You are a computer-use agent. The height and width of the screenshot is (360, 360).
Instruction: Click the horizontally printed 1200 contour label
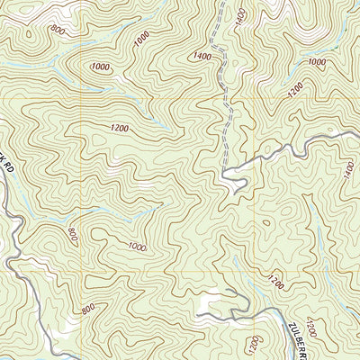[120, 129]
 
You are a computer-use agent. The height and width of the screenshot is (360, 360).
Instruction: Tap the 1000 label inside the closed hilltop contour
[101, 67]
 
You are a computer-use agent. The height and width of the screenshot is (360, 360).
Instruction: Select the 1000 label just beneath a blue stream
[137, 247]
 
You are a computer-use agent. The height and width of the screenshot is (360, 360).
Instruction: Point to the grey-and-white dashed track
[219, 90]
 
